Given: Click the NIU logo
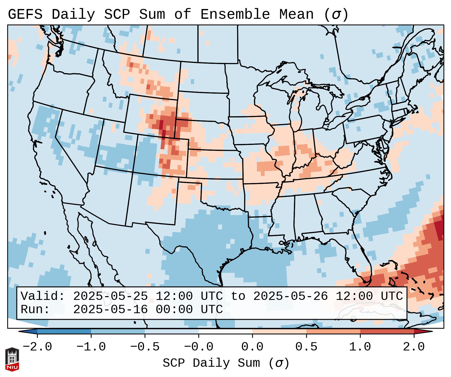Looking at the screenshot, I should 12,359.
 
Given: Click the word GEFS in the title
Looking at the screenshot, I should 25,14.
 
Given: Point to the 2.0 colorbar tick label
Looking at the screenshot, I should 414,347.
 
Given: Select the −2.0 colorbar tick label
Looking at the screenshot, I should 37,347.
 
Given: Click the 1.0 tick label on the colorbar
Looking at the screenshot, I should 360,347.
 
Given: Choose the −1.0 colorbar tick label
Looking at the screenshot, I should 91,347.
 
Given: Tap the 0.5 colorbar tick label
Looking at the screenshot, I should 306,347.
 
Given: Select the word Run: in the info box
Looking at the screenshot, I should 35,309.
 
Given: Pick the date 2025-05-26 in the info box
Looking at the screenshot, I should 291,296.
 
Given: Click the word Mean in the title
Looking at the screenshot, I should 296,14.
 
